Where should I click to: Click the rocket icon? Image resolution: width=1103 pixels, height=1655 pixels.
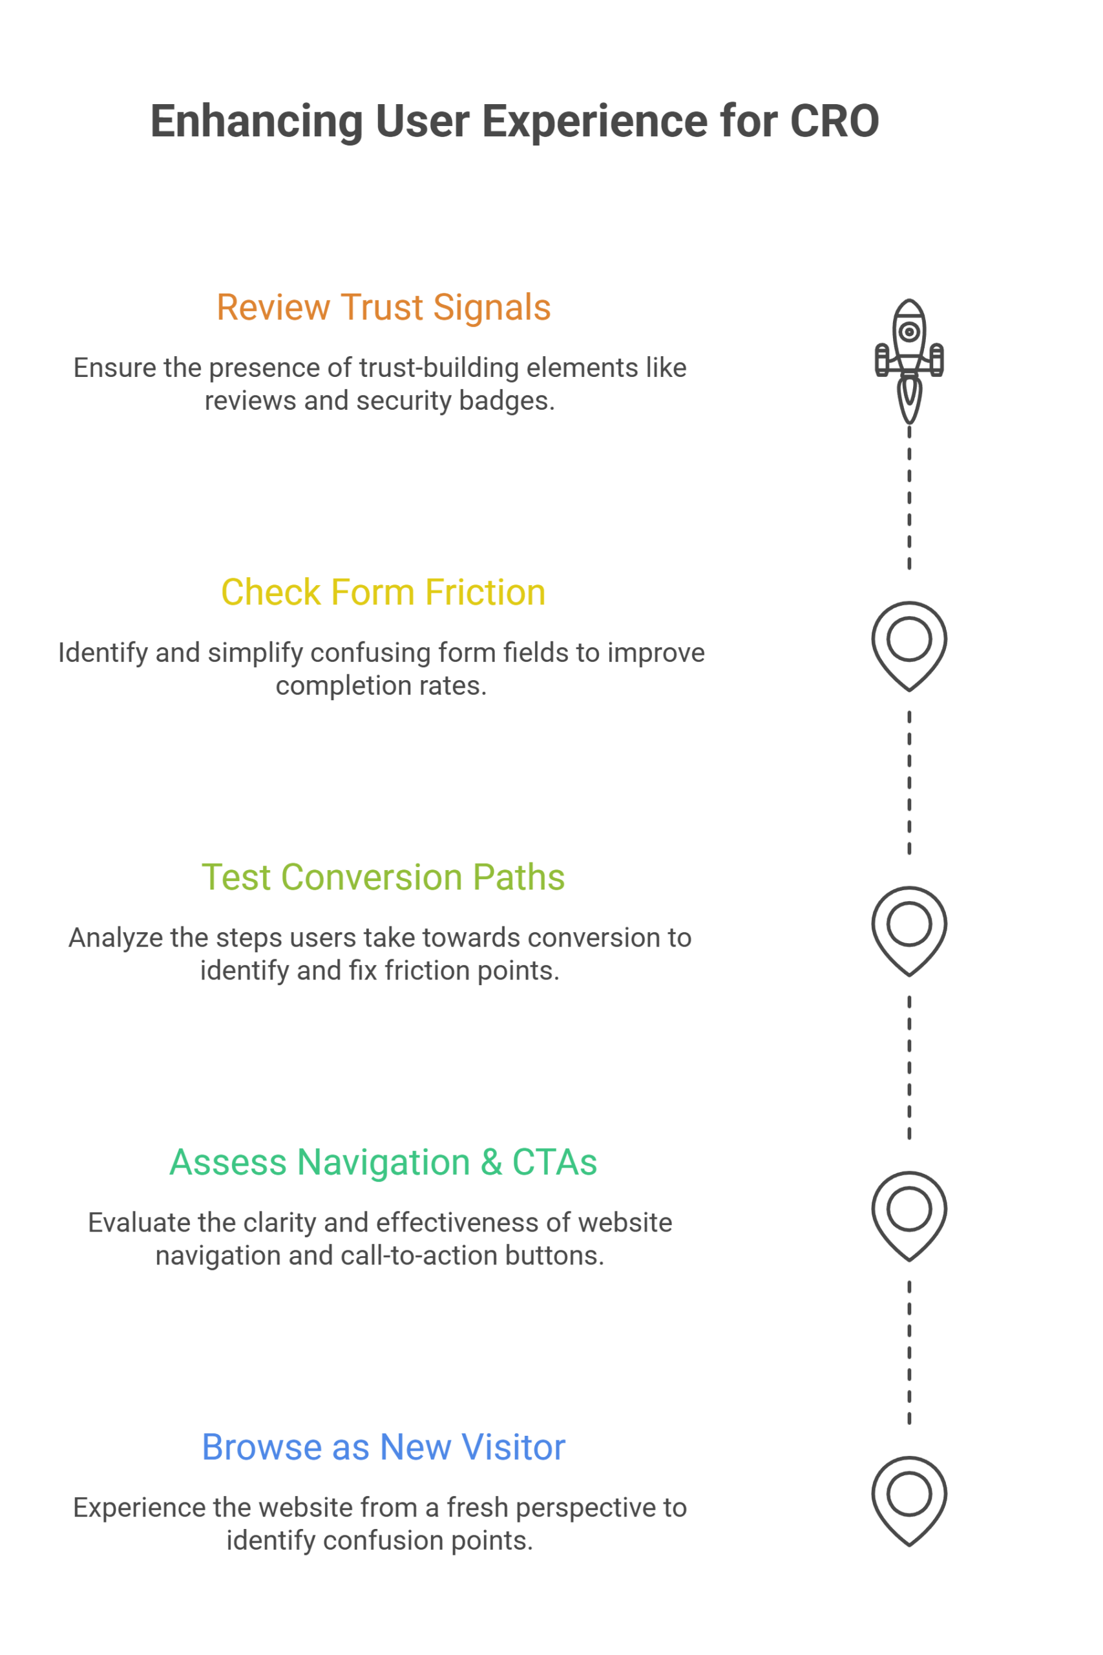[x=909, y=359]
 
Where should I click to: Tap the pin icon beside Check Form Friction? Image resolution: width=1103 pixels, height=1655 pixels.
[x=909, y=644]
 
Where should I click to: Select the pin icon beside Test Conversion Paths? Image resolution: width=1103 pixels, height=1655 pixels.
[x=909, y=929]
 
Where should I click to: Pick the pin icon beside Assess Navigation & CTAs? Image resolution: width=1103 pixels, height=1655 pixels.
[x=909, y=1214]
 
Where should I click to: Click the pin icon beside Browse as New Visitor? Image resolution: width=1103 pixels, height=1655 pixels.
[x=909, y=1499]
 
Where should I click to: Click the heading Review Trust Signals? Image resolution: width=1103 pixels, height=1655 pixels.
[x=383, y=308]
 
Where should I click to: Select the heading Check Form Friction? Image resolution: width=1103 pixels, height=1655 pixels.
[x=383, y=592]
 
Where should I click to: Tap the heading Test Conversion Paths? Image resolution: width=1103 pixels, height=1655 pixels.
[x=383, y=877]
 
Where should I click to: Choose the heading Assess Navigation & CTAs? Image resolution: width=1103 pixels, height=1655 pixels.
[x=383, y=1162]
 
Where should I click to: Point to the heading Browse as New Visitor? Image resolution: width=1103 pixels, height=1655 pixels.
[x=383, y=1447]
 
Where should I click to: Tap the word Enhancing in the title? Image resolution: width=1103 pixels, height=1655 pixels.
[x=256, y=122]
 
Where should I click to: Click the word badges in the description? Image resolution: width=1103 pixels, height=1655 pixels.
[x=507, y=401]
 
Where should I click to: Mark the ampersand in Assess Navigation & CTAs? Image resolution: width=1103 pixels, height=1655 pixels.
[x=492, y=1162]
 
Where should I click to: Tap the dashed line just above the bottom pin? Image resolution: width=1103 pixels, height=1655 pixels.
[x=909, y=1351]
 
